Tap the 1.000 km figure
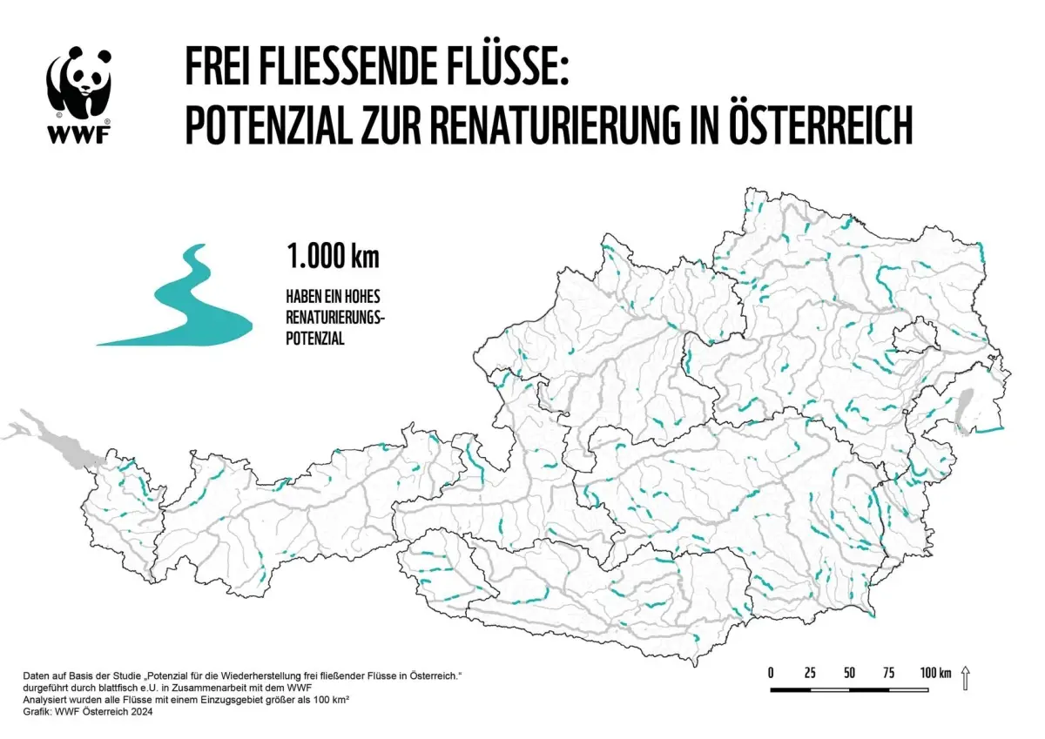[334, 258]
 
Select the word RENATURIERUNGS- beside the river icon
[335, 318]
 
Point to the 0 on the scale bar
[771, 673]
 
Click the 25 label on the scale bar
[810, 673]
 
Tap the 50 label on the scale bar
[849, 673]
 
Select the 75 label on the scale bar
[889, 673]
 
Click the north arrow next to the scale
[965, 677]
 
